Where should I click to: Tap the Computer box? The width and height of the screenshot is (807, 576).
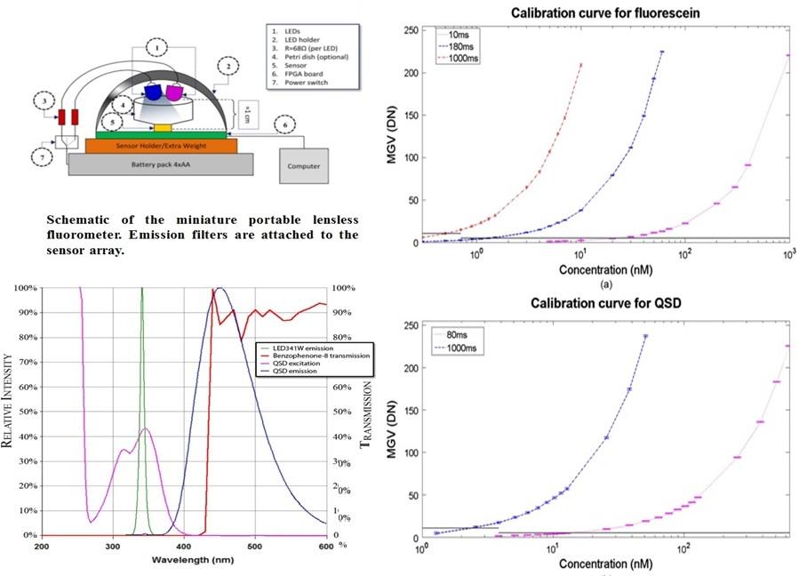pos(304,165)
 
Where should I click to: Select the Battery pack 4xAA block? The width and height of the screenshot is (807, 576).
pos(160,164)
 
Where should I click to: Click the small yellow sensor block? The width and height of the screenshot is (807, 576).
pos(163,127)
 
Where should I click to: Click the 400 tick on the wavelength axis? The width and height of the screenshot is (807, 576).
pos(183,547)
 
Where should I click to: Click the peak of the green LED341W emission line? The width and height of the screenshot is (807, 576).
pos(141,290)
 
